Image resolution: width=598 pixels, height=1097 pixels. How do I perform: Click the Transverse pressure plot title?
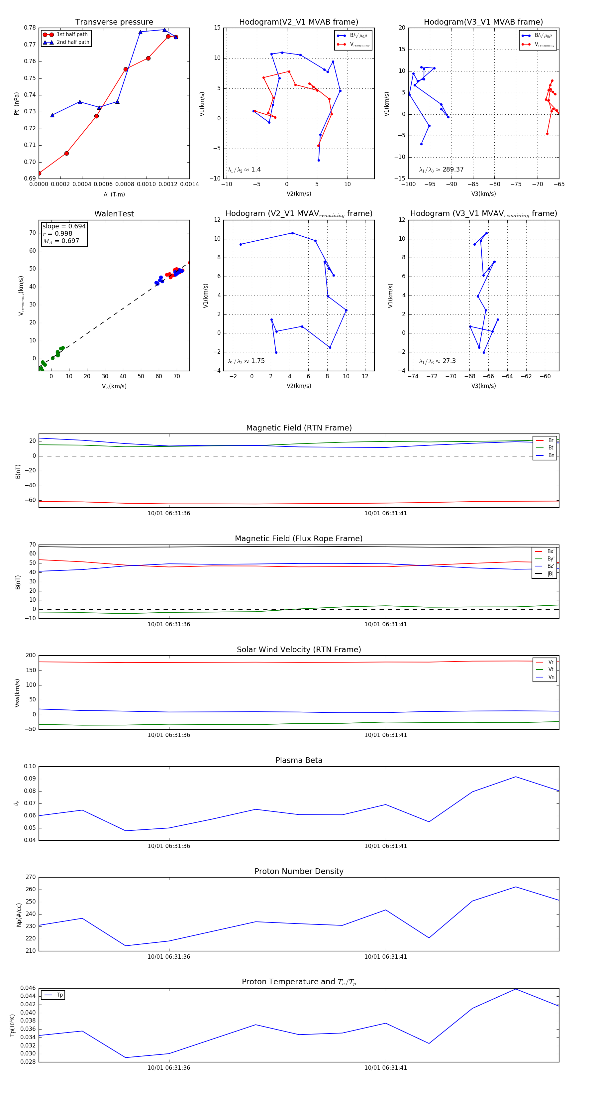114,22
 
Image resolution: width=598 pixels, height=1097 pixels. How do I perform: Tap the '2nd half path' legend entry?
73,42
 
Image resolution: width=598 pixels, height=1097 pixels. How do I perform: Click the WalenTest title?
114,214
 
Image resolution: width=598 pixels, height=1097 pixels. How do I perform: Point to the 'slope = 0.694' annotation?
64,226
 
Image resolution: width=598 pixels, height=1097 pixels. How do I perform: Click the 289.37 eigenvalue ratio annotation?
453,170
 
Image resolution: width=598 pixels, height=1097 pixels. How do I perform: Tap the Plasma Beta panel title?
299,761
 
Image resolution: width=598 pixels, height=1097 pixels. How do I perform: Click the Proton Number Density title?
299,871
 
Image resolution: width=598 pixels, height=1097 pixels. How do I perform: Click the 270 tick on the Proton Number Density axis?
31,877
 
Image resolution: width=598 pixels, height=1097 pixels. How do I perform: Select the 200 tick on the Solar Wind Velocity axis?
31,656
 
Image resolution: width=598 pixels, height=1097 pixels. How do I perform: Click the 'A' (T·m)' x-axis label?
114,194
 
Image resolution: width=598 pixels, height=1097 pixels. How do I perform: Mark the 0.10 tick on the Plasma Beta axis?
30,767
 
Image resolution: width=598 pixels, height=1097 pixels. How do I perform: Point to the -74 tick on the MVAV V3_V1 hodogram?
413,376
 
